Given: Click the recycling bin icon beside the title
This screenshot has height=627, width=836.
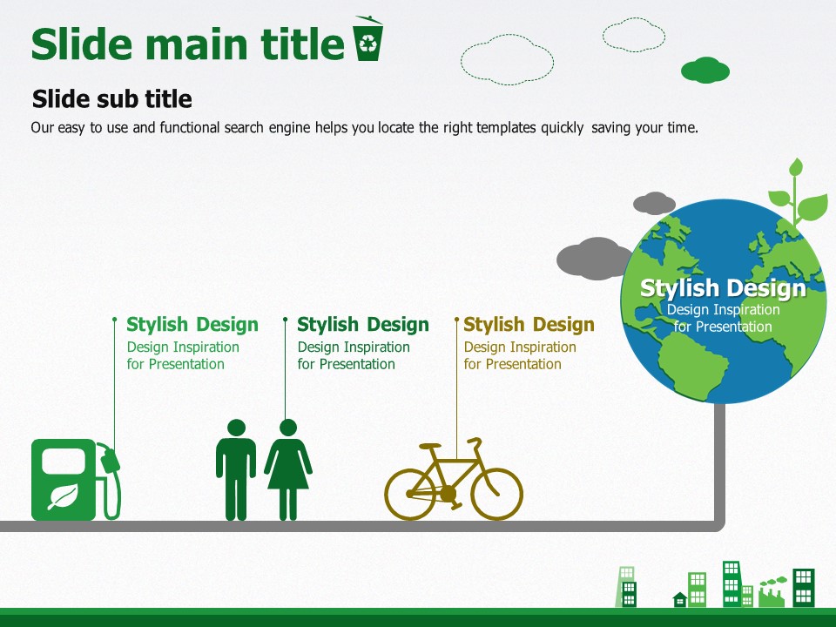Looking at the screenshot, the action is pos(367,38).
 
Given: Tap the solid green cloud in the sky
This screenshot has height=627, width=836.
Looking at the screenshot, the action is pos(705,70).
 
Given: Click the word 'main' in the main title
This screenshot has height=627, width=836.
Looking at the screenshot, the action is pos(199,44).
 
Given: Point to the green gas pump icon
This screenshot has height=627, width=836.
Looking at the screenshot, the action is pos(76,479).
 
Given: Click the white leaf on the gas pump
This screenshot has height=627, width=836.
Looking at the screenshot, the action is pos(64,496).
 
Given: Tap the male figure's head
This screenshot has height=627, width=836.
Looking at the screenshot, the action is pos(236,427).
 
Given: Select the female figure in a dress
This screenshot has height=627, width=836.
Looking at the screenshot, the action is pos(288,469).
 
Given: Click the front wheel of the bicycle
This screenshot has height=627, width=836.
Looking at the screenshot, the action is pos(496,495).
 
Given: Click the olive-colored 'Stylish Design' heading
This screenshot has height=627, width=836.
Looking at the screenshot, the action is pos(529,324).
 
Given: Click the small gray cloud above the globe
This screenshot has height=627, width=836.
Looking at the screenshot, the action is pos(654,203).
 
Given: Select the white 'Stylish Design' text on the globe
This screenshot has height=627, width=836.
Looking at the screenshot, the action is pos(723,288).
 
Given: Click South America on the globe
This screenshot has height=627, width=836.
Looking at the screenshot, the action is pos(693,367).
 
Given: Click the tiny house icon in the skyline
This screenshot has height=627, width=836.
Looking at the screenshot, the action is pos(680,599).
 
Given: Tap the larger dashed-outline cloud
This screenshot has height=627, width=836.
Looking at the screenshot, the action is pos(507,59).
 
